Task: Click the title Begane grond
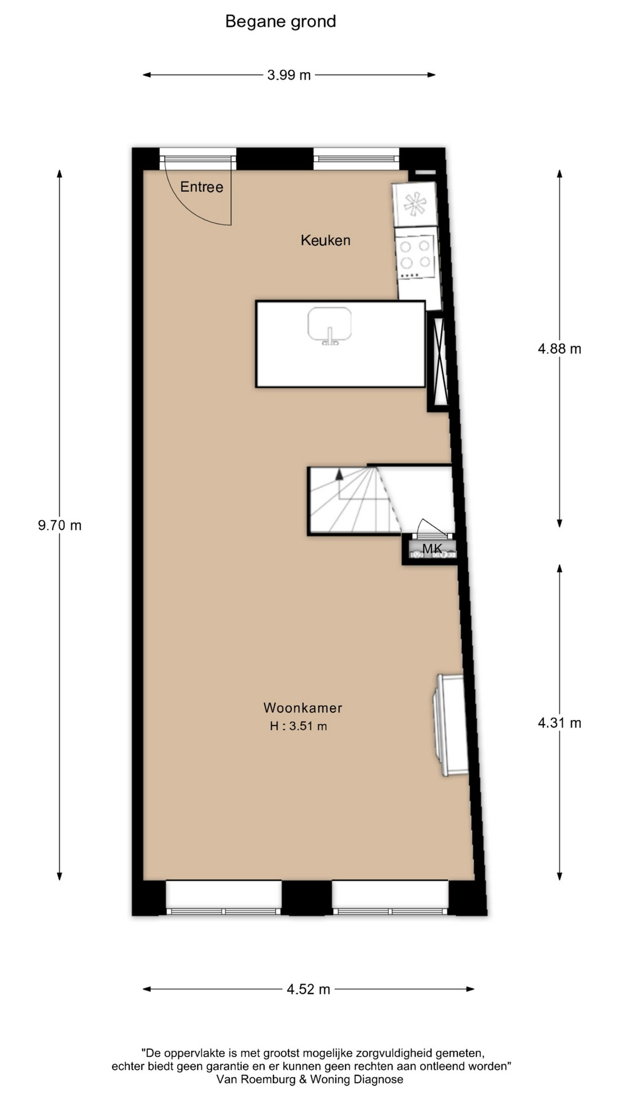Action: click(x=280, y=22)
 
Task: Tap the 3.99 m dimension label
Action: click(x=289, y=75)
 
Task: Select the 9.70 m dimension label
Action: click(x=60, y=525)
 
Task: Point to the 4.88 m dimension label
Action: click(x=559, y=349)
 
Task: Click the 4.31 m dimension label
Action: click(x=559, y=723)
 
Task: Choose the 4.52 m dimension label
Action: click(x=308, y=989)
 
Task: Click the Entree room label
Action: click(x=202, y=187)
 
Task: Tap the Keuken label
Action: click(x=326, y=240)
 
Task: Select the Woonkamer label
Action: click(x=303, y=708)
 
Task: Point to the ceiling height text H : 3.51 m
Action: click(x=299, y=726)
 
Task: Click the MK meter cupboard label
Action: click(x=432, y=549)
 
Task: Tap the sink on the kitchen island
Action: click(x=330, y=325)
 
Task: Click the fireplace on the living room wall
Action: click(x=450, y=725)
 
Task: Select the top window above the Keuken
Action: click(x=356, y=158)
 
